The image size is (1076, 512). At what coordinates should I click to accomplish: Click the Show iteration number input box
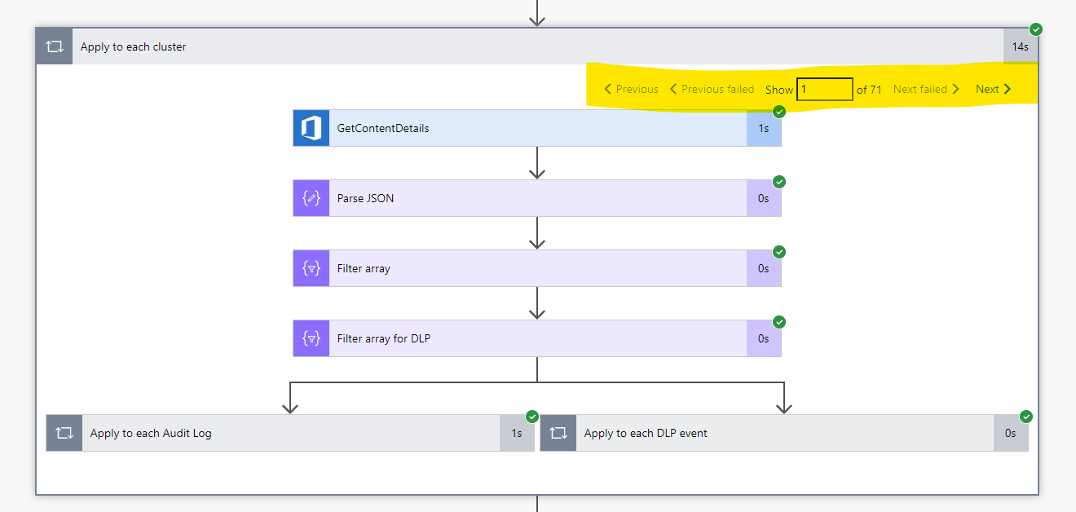pos(825,90)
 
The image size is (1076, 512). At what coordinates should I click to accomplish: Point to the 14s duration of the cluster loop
pos(1020,47)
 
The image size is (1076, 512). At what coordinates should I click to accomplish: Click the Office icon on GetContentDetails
pos(311,129)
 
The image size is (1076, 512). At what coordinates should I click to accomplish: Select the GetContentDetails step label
pos(383,129)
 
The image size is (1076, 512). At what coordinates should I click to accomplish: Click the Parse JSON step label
pos(365,198)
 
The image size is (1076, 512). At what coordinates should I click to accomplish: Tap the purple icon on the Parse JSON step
pos(311,198)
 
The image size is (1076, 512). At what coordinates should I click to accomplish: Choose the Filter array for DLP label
pos(384,338)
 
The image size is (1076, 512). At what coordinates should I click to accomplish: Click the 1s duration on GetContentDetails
pos(764,129)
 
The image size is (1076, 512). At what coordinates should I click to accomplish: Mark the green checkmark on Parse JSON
pos(778,182)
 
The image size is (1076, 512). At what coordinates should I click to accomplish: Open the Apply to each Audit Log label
pos(151,434)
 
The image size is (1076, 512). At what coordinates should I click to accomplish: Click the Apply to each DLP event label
pos(646,434)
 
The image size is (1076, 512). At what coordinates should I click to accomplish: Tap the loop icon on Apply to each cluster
pos(54,47)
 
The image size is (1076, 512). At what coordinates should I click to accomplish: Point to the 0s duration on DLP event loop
pos(1011,434)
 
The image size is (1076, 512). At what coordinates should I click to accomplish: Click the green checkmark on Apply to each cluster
pos(1036,29)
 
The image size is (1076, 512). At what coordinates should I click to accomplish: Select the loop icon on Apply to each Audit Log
pos(64,434)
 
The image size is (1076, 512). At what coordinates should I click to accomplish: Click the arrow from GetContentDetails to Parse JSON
pos(536,163)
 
